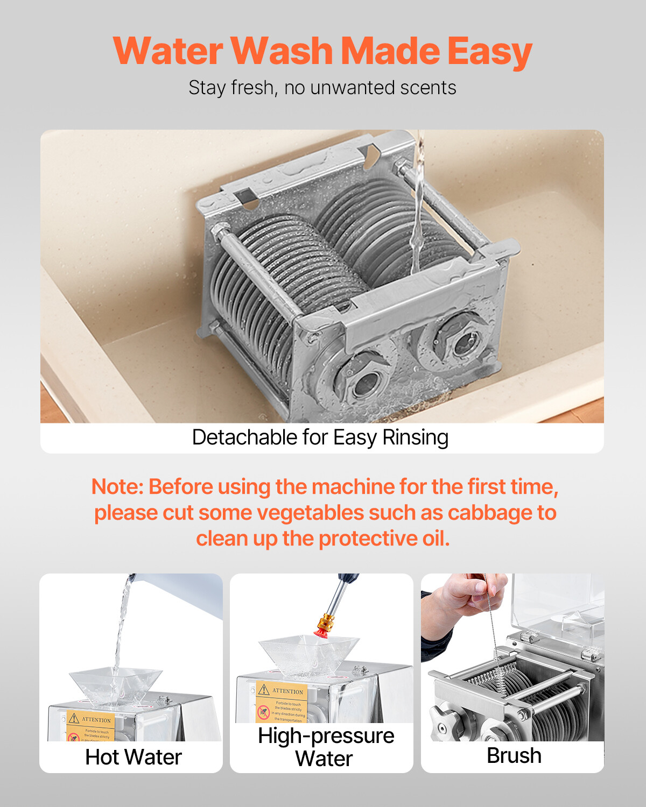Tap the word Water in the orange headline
point(168,52)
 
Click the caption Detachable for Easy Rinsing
point(320,437)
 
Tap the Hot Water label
point(134,757)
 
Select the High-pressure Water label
point(325,747)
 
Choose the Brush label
point(514,755)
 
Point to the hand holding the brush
point(468,597)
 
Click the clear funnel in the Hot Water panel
point(115,686)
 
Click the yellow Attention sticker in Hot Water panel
point(90,726)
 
